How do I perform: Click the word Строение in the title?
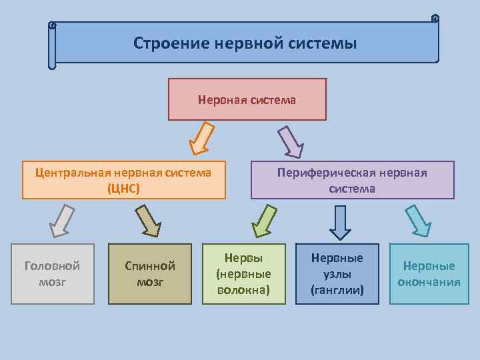[x=171, y=44]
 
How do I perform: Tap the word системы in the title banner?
[x=323, y=44]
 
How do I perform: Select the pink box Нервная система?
[x=247, y=100]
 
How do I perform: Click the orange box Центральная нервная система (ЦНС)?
[x=123, y=180]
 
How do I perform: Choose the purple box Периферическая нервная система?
[x=352, y=180]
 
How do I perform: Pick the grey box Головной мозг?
[x=52, y=274]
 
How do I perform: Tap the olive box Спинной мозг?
[x=150, y=274]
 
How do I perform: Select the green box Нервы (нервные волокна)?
[x=243, y=274]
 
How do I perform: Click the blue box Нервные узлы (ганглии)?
[x=337, y=274]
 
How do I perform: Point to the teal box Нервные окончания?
[x=429, y=274]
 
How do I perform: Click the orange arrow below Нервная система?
[x=201, y=138]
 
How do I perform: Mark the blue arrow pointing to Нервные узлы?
[x=341, y=222]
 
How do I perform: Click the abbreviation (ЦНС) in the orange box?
[x=123, y=188]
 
